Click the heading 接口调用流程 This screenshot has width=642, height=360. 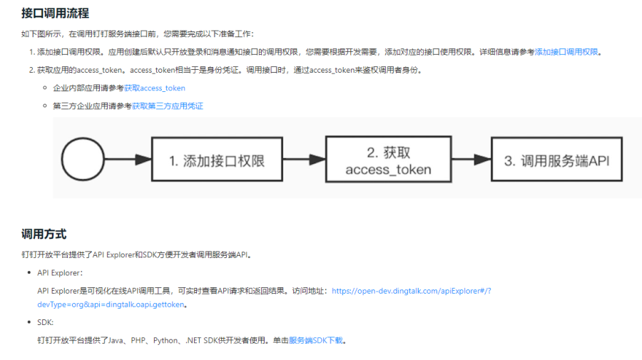pyautogui.click(x=55, y=14)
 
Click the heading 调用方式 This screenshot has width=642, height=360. pyautogui.click(x=44, y=235)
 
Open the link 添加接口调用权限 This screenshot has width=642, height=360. pyautogui.click(x=566, y=52)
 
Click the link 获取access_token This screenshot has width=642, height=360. pyautogui.click(x=154, y=88)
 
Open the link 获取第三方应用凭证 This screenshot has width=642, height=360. pyautogui.click(x=168, y=106)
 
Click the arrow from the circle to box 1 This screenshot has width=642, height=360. pyautogui.click(x=128, y=159)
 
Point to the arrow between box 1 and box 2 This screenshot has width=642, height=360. pyautogui.click(x=304, y=159)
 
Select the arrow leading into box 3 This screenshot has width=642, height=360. pyautogui.click(x=472, y=159)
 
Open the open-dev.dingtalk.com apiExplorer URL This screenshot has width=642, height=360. pyautogui.click(x=411, y=291)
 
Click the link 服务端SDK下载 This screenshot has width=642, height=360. pyautogui.click(x=316, y=340)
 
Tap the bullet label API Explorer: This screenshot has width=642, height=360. pyautogui.click(x=60, y=273)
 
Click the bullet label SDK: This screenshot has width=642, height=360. pyautogui.click(x=46, y=322)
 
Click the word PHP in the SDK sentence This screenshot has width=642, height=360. pyautogui.click(x=138, y=340)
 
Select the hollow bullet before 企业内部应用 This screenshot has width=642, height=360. pyautogui.click(x=45, y=88)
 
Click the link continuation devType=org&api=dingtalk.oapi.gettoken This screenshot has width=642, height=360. pyautogui.click(x=111, y=304)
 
